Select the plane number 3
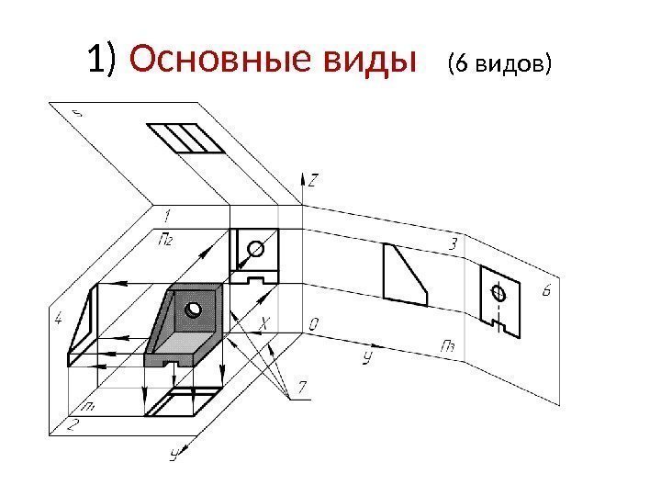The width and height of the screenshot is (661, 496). point(452,244)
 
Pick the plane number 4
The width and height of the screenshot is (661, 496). point(59,320)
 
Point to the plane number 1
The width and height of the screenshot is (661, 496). point(166,216)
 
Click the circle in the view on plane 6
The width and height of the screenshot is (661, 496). point(499,294)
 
